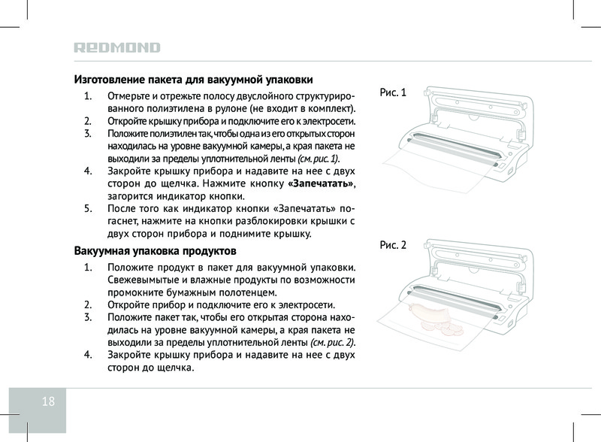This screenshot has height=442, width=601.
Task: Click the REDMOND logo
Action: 117,47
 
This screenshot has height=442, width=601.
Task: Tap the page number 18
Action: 48,401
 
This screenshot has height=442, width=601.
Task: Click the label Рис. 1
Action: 393,92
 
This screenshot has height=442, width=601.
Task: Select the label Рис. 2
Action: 393,245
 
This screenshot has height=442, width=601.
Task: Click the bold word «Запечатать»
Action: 321,183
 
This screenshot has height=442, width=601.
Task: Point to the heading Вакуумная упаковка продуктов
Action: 155,251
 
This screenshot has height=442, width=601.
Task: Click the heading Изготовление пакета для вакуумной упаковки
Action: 193,80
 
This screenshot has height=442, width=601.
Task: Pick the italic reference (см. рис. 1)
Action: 318,159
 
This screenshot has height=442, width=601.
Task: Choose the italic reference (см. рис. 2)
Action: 332,342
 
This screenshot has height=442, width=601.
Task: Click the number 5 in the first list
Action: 88,209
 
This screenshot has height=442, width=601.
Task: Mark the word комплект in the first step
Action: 330,108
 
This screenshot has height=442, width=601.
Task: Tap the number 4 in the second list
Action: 88,355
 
